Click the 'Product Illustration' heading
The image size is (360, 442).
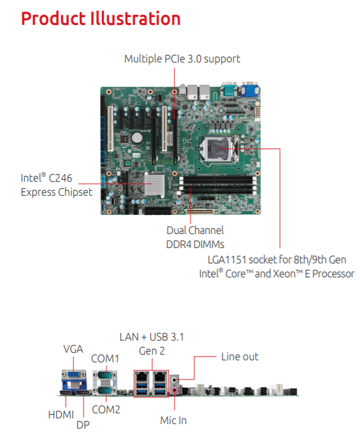click(x=101, y=18)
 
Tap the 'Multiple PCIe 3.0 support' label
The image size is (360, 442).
click(x=182, y=59)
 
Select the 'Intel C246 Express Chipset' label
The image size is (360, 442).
click(x=56, y=185)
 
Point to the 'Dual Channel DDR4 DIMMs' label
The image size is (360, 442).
click(x=195, y=237)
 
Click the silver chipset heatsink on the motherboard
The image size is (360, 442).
click(x=154, y=184)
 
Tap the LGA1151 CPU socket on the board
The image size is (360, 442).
click(x=217, y=149)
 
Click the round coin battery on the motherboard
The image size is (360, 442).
click(x=138, y=138)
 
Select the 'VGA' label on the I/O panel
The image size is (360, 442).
click(x=73, y=349)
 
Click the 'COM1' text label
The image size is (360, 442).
click(x=105, y=359)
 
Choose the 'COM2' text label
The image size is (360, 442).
click(x=106, y=409)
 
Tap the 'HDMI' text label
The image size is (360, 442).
click(x=61, y=415)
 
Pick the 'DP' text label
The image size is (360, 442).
click(x=83, y=425)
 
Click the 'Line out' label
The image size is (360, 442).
click(x=240, y=357)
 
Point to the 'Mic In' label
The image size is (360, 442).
click(x=173, y=420)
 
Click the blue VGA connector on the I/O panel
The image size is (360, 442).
click(x=74, y=374)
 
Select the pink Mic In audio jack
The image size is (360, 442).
click(x=175, y=390)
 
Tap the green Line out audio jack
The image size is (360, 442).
click(x=175, y=380)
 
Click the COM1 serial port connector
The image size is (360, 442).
click(x=104, y=375)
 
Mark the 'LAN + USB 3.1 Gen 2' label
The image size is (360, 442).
click(x=152, y=344)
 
